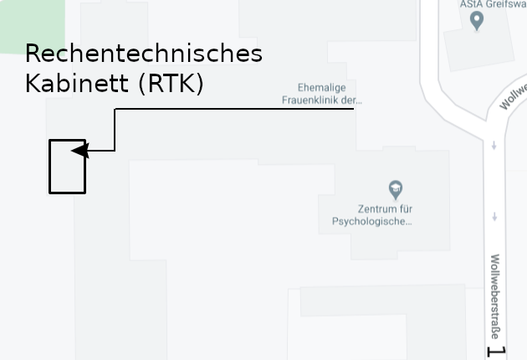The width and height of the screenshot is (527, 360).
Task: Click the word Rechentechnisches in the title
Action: tap(144, 54)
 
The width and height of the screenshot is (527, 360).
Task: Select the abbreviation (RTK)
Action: tap(171, 85)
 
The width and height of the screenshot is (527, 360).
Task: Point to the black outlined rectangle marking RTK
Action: tap(67, 167)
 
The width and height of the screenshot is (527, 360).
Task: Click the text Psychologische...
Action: tap(372, 222)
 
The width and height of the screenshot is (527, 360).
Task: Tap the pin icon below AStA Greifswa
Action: tap(477, 20)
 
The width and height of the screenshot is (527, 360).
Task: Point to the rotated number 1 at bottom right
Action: tap(494, 352)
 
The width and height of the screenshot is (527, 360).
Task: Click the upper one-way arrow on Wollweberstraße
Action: tap(494, 146)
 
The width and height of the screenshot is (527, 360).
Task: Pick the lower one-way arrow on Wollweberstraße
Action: tap(494, 216)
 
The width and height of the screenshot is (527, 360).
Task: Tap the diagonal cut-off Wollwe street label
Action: tap(513, 96)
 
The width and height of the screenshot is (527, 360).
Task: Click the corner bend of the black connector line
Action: tap(115, 109)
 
